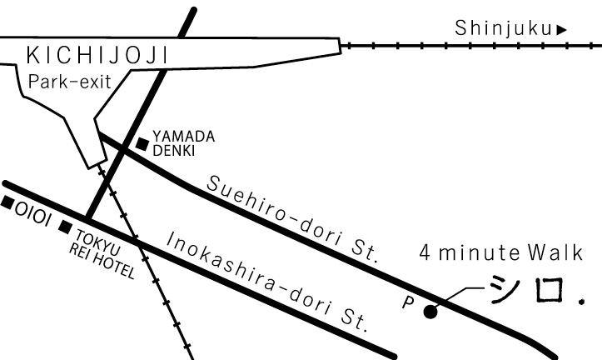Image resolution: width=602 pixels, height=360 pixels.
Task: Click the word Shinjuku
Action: click(503, 29)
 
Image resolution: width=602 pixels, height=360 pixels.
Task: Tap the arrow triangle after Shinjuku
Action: click(563, 30)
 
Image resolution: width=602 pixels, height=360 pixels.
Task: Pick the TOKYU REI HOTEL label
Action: click(102, 252)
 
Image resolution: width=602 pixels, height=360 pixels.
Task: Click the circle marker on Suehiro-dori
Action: click(430, 313)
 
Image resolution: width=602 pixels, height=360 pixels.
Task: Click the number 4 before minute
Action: click(425, 251)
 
